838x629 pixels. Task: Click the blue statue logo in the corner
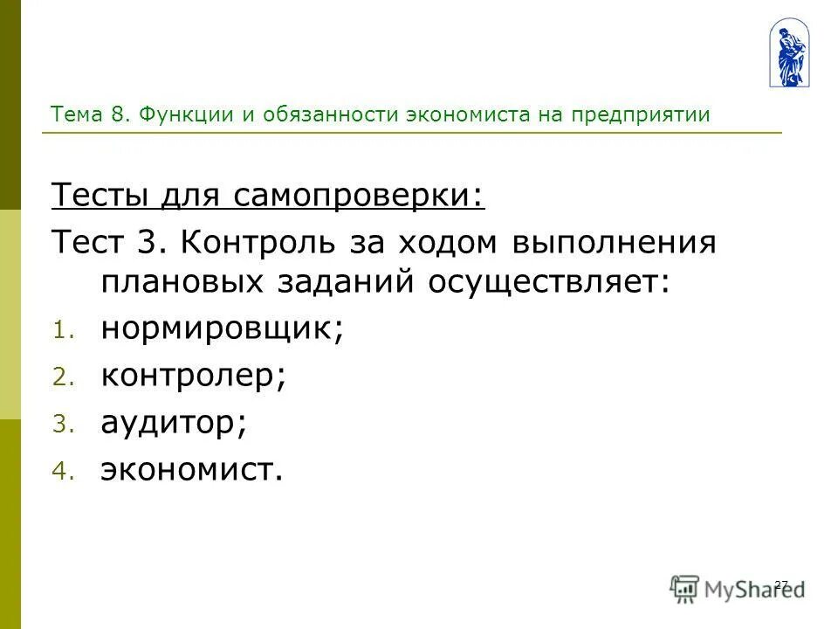[788, 54]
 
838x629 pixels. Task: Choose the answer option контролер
[194, 377]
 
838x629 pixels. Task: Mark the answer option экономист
[192, 471]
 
